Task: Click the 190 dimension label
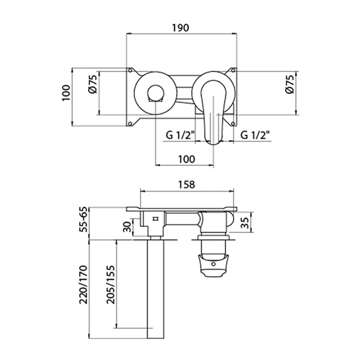click(181, 28)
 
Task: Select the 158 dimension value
click(187, 185)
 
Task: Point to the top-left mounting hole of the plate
click(129, 71)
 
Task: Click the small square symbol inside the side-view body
click(155, 219)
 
